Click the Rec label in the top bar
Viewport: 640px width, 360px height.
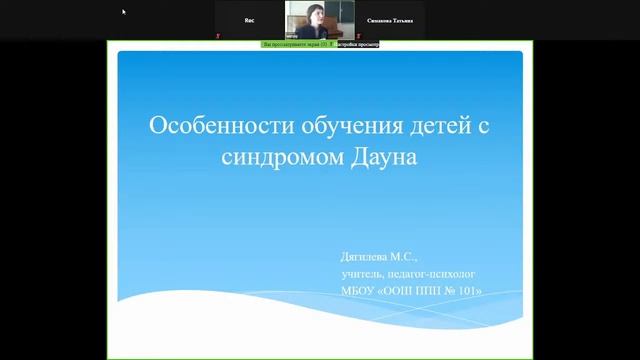tap(250, 19)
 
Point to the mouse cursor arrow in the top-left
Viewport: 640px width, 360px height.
tap(125, 12)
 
